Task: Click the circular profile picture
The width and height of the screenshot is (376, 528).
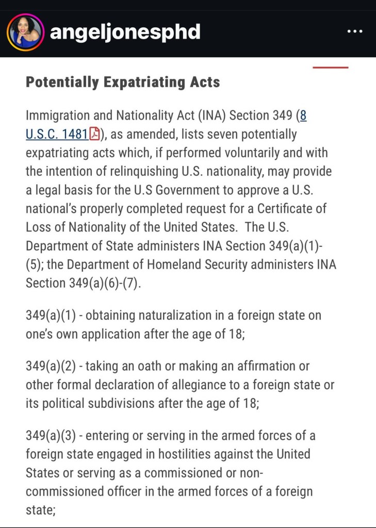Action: (25, 32)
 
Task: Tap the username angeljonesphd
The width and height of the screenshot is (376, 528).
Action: (125, 32)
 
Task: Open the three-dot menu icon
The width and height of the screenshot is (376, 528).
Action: (355, 32)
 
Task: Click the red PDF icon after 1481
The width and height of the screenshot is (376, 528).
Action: (95, 135)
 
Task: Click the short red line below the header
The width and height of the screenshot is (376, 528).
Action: (331, 67)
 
